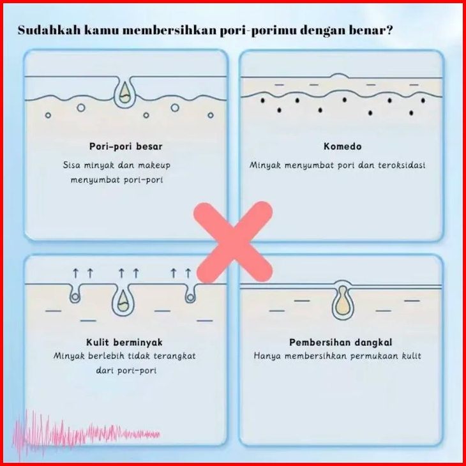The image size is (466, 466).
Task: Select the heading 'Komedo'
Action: point(342,146)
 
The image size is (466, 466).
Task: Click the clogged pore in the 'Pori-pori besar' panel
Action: point(124,94)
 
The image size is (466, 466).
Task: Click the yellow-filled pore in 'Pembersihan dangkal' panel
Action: point(342,302)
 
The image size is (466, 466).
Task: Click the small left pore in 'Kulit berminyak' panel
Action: point(77,293)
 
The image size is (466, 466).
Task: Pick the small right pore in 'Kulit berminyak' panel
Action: point(190,293)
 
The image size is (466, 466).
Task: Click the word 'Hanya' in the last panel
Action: point(266,356)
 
